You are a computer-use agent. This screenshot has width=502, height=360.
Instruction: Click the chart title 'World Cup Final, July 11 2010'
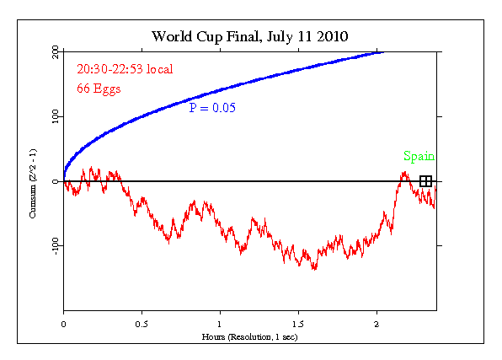[x=250, y=36]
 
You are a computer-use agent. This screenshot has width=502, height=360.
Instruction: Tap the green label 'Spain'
[x=419, y=156]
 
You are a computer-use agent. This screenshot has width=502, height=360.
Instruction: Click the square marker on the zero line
[x=426, y=181]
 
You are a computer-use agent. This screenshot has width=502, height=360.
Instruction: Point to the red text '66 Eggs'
[x=100, y=88]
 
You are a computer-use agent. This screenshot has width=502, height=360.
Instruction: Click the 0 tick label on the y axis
[x=56, y=181]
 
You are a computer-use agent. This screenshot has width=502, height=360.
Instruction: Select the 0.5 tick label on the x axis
[x=142, y=323]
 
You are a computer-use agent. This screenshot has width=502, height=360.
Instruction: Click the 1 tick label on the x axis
[x=220, y=323]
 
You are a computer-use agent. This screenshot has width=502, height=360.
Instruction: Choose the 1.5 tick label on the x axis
[x=298, y=323]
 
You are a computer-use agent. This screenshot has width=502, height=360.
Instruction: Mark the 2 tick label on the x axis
[x=376, y=323]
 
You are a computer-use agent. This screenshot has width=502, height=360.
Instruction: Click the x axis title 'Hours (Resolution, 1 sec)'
[x=249, y=336]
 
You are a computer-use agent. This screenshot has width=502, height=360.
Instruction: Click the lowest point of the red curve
[x=314, y=269]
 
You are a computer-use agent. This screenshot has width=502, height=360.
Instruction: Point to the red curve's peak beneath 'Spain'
[x=404, y=173]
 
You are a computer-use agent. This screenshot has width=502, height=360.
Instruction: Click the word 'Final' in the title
[x=240, y=36]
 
